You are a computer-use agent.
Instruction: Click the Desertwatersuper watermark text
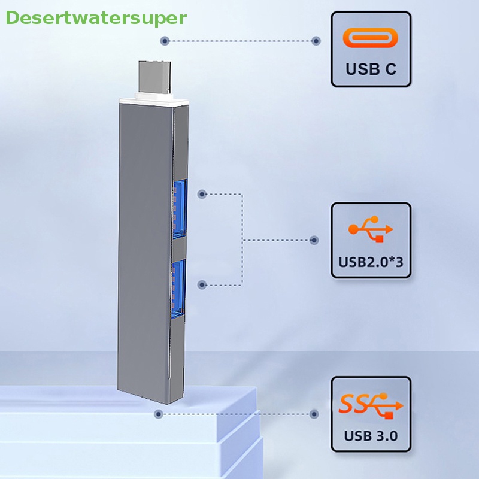click(x=96, y=18)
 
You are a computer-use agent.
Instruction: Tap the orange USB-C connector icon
click(x=371, y=38)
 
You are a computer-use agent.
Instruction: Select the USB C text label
click(x=371, y=69)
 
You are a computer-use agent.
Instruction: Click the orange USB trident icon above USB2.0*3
click(x=371, y=229)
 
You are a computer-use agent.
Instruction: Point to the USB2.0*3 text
click(x=371, y=261)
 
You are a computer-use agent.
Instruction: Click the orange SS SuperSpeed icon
click(x=371, y=404)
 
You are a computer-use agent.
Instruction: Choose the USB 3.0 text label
click(x=371, y=435)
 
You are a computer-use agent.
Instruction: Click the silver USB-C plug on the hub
click(x=156, y=78)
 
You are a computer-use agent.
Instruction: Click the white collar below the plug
click(x=150, y=101)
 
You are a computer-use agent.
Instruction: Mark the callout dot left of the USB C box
click(x=316, y=41)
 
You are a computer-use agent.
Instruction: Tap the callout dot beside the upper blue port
click(x=202, y=194)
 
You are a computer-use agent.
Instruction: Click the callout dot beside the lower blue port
click(x=202, y=285)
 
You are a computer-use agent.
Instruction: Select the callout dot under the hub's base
click(x=159, y=414)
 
